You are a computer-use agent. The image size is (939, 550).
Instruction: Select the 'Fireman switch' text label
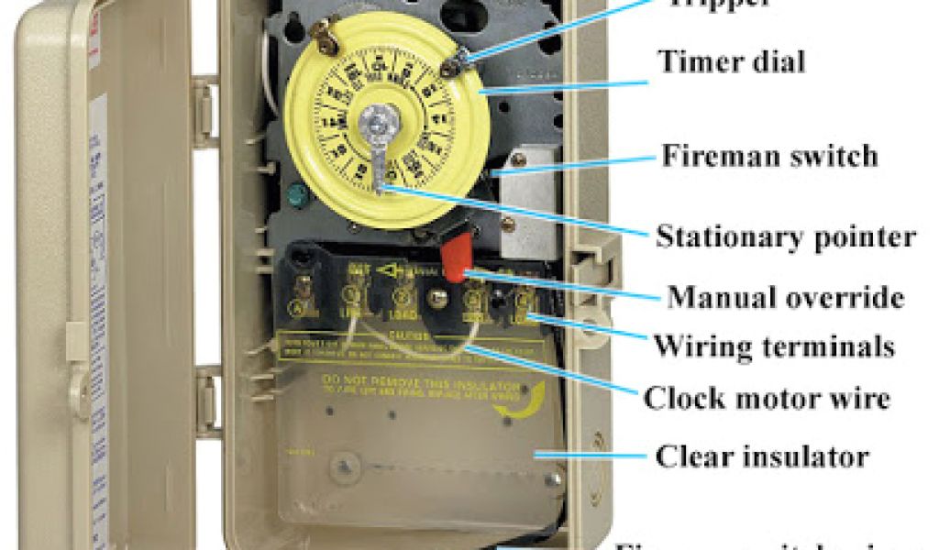(769, 155)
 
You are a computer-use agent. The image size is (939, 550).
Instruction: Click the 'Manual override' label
(786, 297)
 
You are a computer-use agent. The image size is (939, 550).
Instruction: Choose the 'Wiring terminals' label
(773, 346)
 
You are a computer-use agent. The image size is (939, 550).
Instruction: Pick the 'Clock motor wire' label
(767, 399)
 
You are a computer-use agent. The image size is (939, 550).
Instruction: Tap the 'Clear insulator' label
(762, 456)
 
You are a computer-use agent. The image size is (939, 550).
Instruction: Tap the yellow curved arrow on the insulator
(524, 401)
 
